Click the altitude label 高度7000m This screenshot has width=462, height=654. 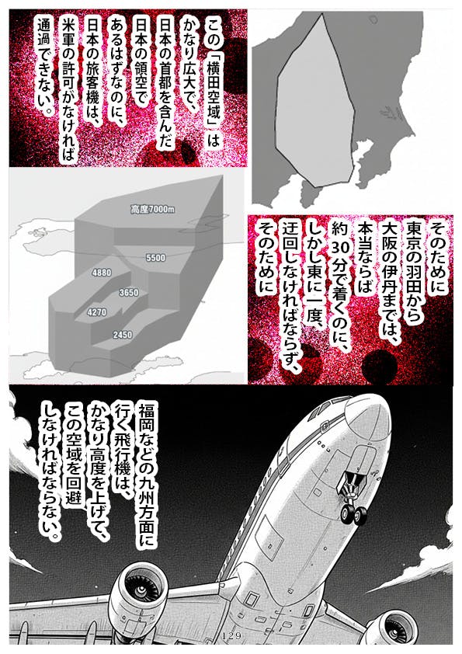tap(153, 210)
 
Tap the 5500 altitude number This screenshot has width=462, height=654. tap(155, 258)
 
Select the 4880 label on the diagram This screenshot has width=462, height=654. tap(102, 273)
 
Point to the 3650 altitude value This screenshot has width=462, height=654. tap(129, 293)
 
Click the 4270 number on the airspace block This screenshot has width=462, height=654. tap(97, 312)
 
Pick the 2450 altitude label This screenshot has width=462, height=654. tap(123, 335)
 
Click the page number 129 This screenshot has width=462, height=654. tap(232, 636)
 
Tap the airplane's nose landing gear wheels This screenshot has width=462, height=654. tap(353, 514)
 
